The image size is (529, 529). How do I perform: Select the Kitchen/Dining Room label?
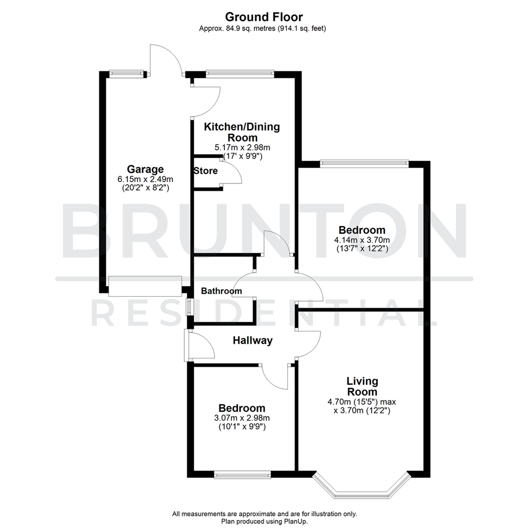241,132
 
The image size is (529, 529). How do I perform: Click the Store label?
206,171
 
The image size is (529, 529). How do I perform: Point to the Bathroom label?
221,291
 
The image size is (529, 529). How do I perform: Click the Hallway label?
252,340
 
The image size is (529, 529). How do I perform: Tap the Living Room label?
362,386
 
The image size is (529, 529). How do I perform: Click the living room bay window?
361,487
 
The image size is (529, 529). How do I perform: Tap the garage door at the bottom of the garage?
145,286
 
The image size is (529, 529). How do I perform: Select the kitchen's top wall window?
240,74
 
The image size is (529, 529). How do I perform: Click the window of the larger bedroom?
364,164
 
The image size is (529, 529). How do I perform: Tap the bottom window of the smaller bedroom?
242,474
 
